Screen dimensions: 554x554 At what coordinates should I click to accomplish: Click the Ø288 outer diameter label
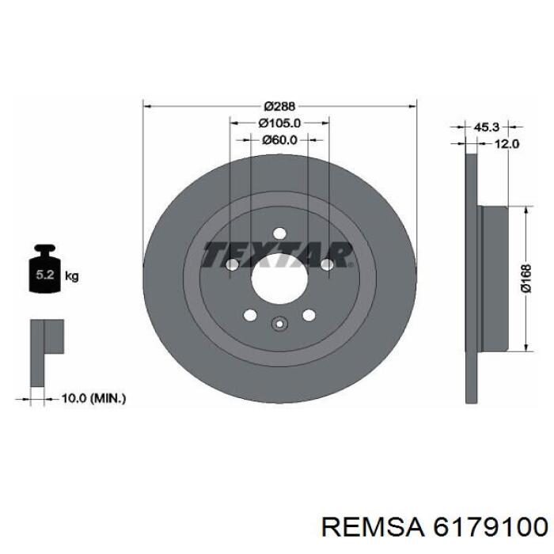pyautogui.click(x=279, y=106)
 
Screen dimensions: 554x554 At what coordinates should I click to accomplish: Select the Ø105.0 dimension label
pyautogui.click(x=280, y=123)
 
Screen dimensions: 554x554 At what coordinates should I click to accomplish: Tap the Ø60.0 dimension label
pyautogui.click(x=280, y=140)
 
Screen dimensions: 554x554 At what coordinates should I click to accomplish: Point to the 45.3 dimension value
pyautogui.click(x=485, y=127)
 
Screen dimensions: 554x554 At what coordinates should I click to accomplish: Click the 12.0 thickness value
pyautogui.click(x=506, y=144)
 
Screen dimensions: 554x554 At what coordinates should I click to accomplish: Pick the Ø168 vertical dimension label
pyautogui.click(x=526, y=278)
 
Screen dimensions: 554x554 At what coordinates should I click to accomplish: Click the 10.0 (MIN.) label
pyautogui.click(x=93, y=399)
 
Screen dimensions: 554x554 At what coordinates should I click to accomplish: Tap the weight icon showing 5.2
pyautogui.click(x=45, y=269)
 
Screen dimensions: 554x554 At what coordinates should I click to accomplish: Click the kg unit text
pyautogui.click(x=72, y=276)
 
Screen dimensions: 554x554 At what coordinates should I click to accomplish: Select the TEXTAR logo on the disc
pyautogui.click(x=277, y=254)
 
